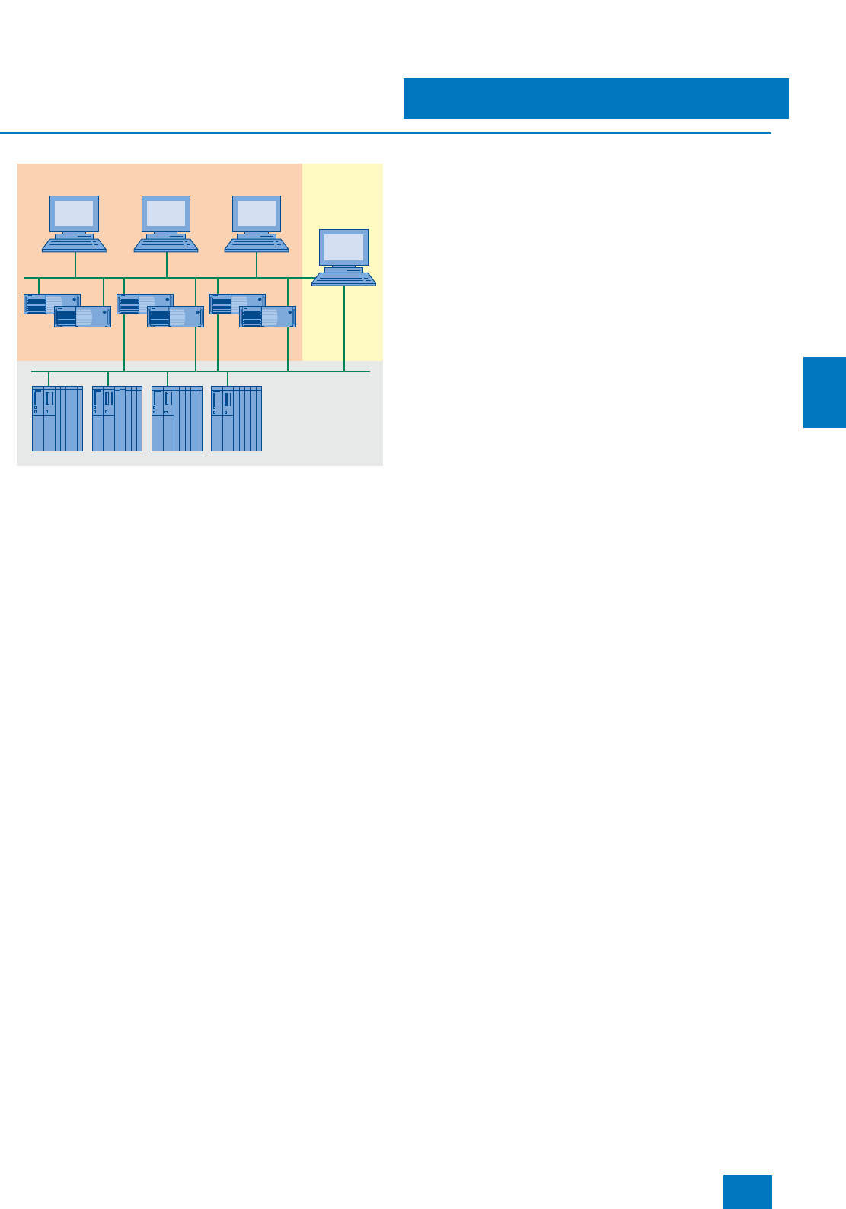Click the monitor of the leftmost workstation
(x=74, y=214)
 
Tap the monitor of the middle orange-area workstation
(x=166, y=214)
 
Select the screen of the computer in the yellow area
(x=343, y=247)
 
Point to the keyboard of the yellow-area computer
(x=343, y=279)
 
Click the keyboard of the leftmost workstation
(x=74, y=244)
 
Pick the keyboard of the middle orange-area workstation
(x=166, y=244)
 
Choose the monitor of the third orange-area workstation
(x=257, y=214)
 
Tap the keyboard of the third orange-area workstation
(x=257, y=244)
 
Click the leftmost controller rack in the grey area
(x=57, y=419)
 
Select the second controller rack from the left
(x=117, y=419)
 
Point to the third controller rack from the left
(x=177, y=419)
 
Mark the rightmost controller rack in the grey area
(x=236, y=419)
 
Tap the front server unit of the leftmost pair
(x=83, y=317)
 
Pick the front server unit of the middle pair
(x=176, y=317)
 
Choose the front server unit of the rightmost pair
(x=268, y=317)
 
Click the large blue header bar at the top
(x=595, y=98)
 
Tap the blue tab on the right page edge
(x=825, y=392)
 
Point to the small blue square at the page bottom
(x=747, y=1191)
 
